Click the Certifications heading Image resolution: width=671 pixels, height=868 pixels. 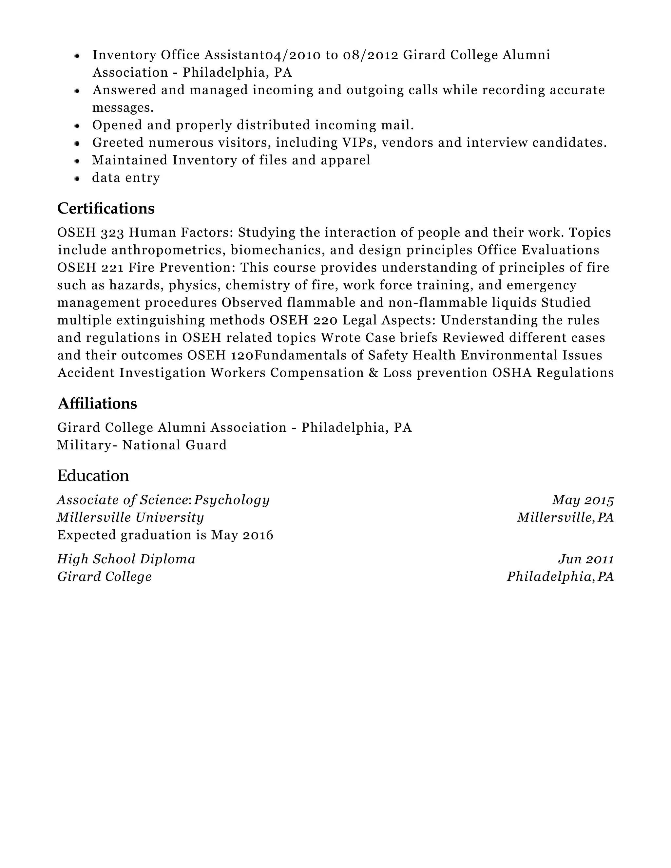(x=106, y=209)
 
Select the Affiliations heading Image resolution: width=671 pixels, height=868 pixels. (x=97, y=404)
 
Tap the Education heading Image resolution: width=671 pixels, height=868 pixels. (x=93, y=475)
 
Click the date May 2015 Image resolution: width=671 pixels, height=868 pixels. (x=583, y=500)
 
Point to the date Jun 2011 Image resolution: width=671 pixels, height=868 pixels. (x=586, y=559)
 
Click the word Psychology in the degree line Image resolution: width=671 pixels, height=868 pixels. (x=232, y=500)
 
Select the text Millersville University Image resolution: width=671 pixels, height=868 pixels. (x=130, y=518)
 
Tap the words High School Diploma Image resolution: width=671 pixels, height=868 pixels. (x=126, y=559)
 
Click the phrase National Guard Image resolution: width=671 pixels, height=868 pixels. (x=175, y=445)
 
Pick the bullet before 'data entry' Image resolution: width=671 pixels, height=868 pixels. (x=77, y=179)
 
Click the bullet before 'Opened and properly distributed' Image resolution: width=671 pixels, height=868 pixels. (x=77, y=125)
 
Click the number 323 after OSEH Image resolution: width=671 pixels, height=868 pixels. (x=112, y=233)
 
